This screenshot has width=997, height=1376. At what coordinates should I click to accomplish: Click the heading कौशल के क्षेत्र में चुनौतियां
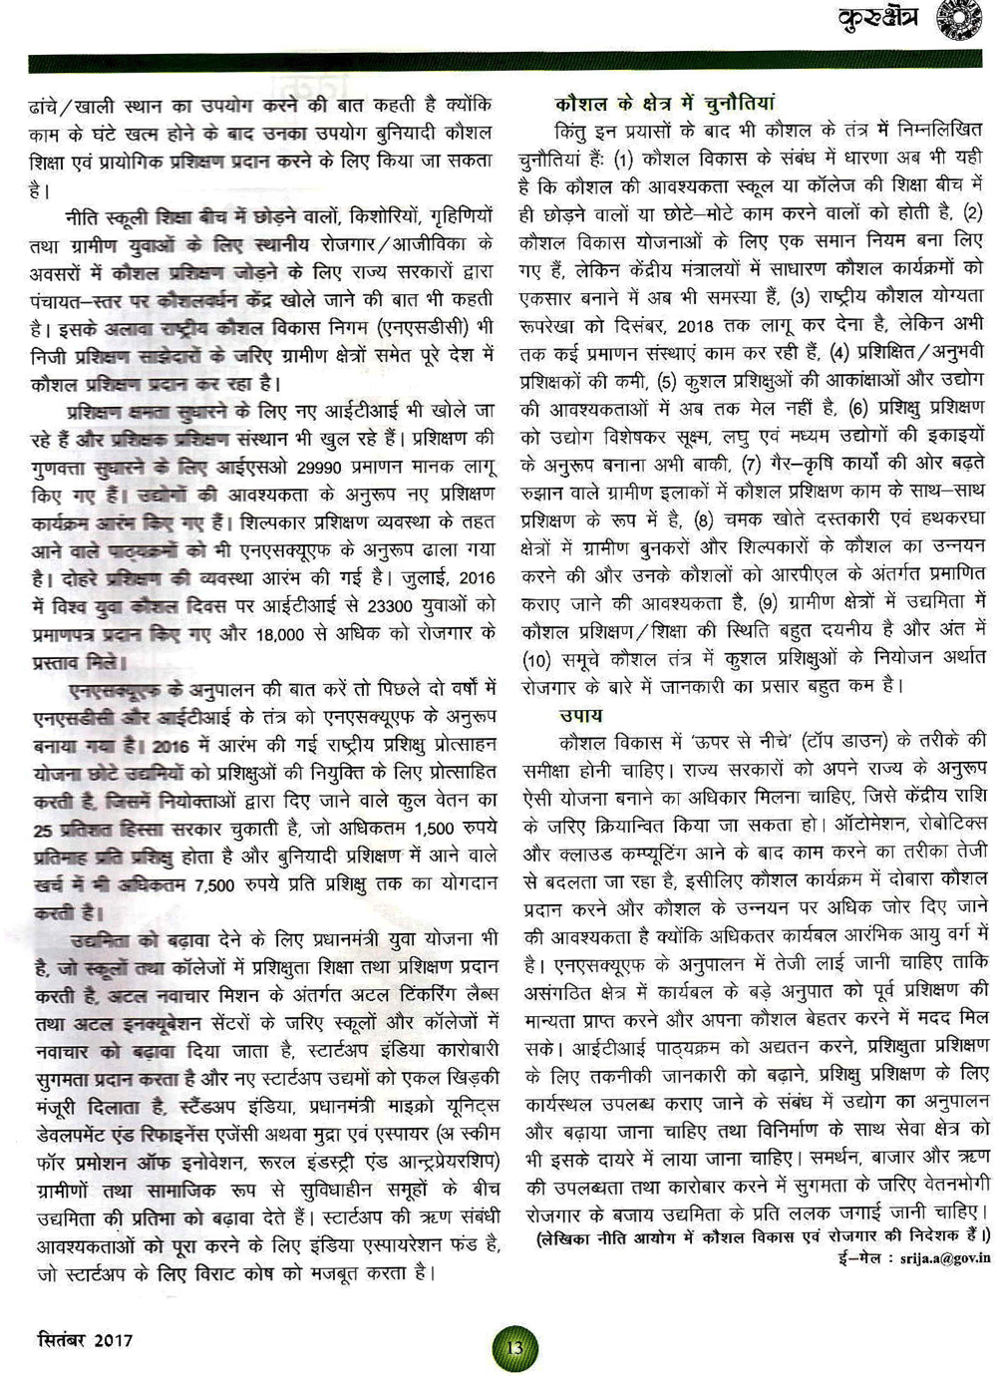tap(665, 104)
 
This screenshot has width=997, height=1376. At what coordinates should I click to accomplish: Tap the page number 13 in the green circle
tap(514, 1348)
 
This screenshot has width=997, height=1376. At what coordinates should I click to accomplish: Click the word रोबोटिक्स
tap(951, 824)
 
